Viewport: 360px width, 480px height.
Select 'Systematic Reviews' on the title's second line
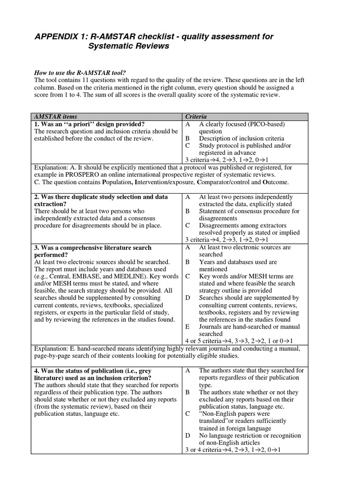point(129,46)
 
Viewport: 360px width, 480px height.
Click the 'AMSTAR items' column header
point(56,116)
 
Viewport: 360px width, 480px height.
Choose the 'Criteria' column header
point(196,116)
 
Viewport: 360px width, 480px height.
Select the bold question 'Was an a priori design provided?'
point(89,124)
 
